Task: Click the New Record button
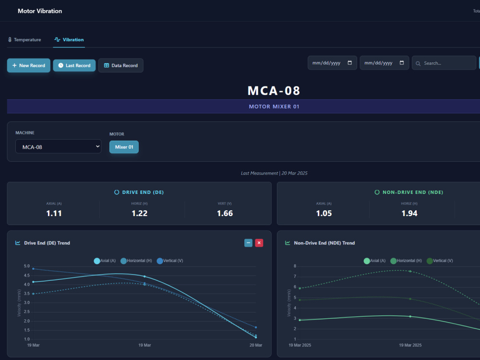tap(29, 65)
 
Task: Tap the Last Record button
tap(74, 65)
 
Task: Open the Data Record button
tap(121, 65)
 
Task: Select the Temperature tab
tap(24, 40)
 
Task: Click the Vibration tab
tap(69, 40)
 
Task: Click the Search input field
tap(444, 63)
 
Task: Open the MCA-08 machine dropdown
tap(58, 146)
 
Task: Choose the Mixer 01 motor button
tap(124, 147)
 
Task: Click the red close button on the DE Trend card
tap(259, 243)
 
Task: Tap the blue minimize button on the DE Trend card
tap(248, 243)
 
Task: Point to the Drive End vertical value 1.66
tap(225, 214)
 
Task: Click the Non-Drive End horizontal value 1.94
tap(409, 214)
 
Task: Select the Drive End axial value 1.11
tap(54, 214)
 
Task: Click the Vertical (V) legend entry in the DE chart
tap(170, 261)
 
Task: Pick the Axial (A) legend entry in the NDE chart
tap(375, 261)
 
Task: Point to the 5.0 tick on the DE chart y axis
tap(27, 266)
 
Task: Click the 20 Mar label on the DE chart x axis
tap(256, 345)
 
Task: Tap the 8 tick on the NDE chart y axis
tap(295, 266)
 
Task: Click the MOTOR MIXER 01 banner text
tap(274, 107)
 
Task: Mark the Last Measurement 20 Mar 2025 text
tap(274, 173)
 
